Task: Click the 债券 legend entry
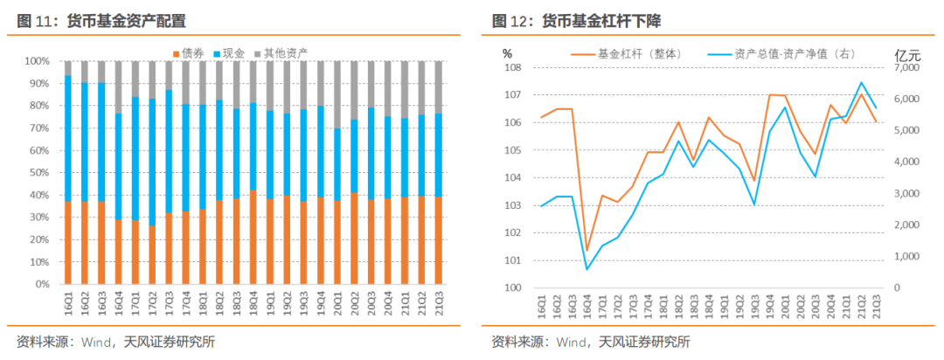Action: click(192, 54)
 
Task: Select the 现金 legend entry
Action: click(233, 54)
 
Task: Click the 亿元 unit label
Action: click(908, 53)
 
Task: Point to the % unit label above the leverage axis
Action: click(507, 53)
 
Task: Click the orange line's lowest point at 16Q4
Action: click(587, 251)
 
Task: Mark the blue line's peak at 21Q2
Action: click(862, 83)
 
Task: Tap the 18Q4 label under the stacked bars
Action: click(254, 306)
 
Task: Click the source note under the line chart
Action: click(590, 342)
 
